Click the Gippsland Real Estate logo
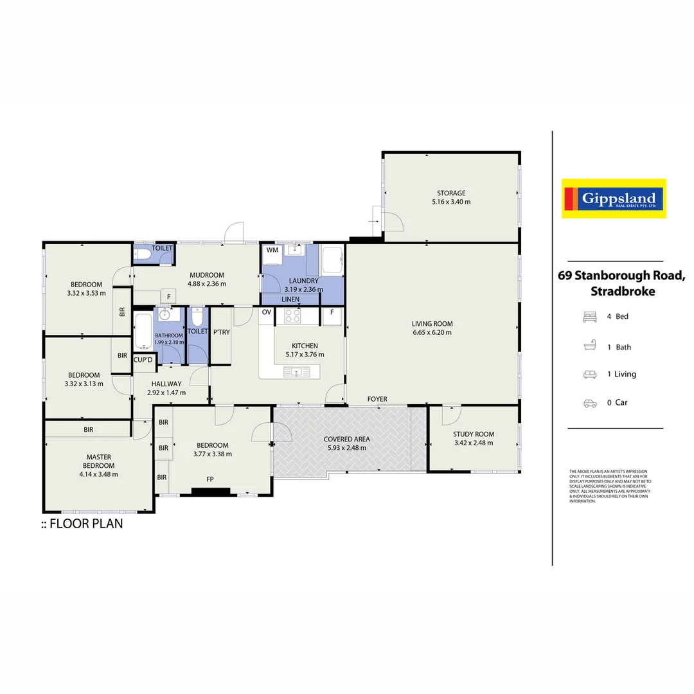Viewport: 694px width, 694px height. point(614,199)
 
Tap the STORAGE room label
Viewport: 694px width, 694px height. point(451,193)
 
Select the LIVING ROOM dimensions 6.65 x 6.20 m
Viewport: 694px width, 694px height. point(432,333)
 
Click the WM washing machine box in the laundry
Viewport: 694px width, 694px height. point(272,250)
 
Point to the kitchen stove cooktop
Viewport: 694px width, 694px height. point(293,316)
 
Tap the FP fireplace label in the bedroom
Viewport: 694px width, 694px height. point(210,479)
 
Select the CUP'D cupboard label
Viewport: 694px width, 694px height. point(143,360)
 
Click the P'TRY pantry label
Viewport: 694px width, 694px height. point(221,332)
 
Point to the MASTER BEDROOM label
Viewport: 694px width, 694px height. point(99,461)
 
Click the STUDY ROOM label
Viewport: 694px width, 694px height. point(474,434)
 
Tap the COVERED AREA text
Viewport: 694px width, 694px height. point(347,440)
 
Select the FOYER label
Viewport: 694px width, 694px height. point(377,399)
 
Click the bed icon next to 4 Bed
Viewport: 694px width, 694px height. point(589,317)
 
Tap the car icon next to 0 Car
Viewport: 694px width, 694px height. point(589,403)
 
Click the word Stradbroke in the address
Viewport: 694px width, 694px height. point(622,291)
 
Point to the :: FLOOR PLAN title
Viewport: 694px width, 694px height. point(82,524)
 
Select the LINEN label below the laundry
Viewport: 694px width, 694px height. point(290,299)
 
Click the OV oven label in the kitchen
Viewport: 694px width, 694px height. point(266,312)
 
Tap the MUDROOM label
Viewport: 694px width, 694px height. point(206,275)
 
